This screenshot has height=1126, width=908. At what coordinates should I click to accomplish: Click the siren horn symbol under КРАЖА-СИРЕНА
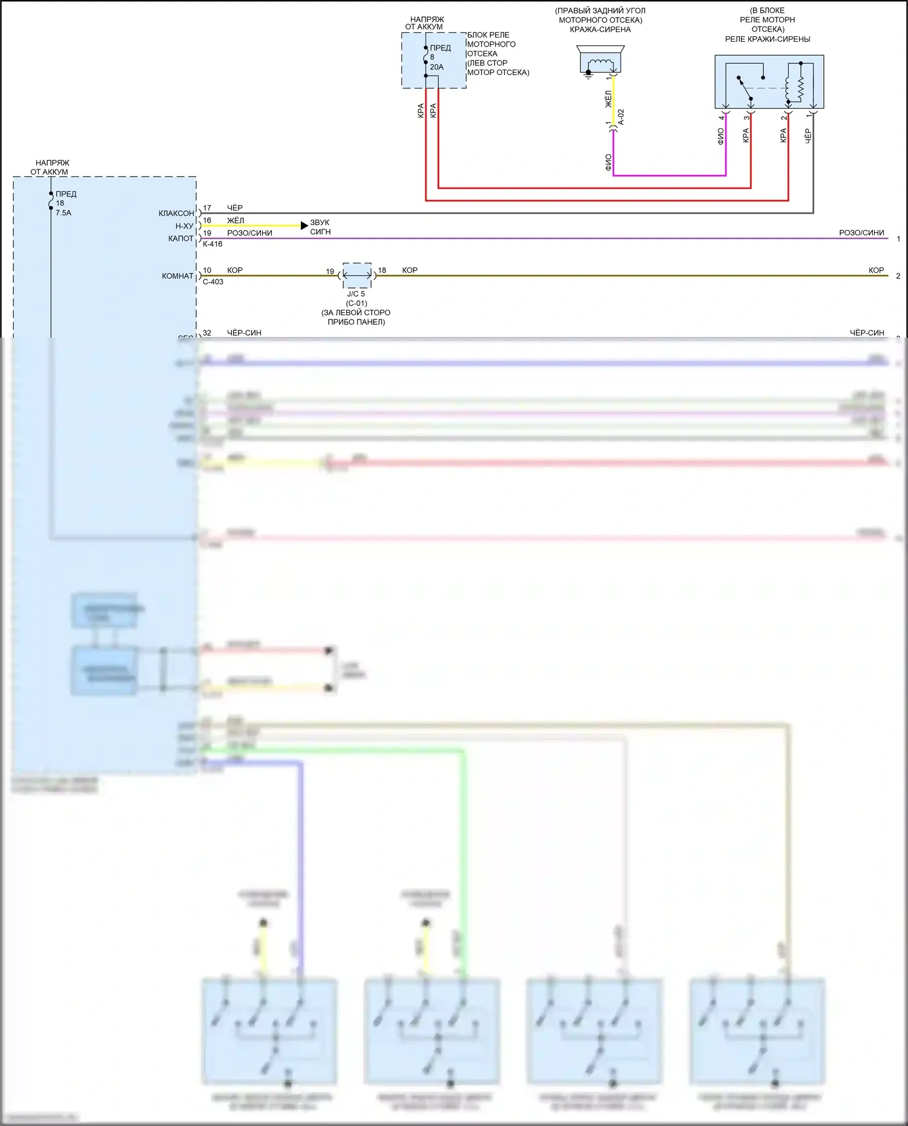pyautogui.click(x=600, y=60)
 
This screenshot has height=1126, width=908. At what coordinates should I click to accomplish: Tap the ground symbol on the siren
pyautogui.click(x=588, y=76)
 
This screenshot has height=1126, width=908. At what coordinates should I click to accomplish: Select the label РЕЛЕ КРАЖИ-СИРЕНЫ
pyautogui.click(x=767, y=39)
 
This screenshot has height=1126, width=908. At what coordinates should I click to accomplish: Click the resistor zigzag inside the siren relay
pyautogui.click(x=800, y=89)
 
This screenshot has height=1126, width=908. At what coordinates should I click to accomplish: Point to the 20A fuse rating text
pyautogui.click(x=436, y=67)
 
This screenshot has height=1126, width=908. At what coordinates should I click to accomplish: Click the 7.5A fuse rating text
pyautogui.click(x=63, y=213)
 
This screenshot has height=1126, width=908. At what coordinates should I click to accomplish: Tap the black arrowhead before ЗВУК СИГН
pyautogui.click(x=304, y=226)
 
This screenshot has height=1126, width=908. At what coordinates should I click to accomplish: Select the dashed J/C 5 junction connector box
pyautogui.click(x=357, y=276)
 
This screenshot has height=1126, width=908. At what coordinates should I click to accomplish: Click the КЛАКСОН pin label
pyautogui.click(x=176, y=214)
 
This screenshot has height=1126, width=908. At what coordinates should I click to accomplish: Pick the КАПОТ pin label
pyautogui.click(x=180, y=238)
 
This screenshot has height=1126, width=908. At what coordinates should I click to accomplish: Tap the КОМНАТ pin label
pyautogui.click(x=177, y=276)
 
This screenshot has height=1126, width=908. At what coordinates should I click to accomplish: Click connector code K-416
pyautogui.click(x=212, y=244)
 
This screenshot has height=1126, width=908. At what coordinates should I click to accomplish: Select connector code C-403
pyautogui.click(x=212, y=282)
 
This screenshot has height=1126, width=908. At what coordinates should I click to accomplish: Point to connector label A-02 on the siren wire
pyautogui.click(x=621, y=117)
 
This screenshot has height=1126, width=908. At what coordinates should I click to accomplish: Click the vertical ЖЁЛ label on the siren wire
pyautogui.click(x=608, y=99)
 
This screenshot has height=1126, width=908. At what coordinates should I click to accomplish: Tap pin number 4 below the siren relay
pyautogui.click(x=721, y=117)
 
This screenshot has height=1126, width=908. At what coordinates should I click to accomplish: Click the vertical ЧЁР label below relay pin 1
pyautogui.click(x=808, y=136)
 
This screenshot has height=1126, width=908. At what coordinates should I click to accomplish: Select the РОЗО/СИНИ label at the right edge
pyautogui.click(x=861, y=233)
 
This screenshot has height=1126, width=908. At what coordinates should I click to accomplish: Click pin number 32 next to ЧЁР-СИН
pyautogui.click(x=207, y=333)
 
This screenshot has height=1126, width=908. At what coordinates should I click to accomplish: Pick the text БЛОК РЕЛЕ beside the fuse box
pyautogui.click(x=488, y=35)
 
